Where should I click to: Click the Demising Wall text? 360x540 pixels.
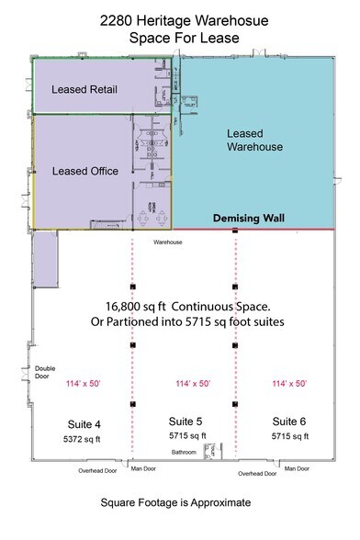250,219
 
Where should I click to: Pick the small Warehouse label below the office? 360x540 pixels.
169,242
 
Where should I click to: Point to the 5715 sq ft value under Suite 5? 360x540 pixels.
187,435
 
